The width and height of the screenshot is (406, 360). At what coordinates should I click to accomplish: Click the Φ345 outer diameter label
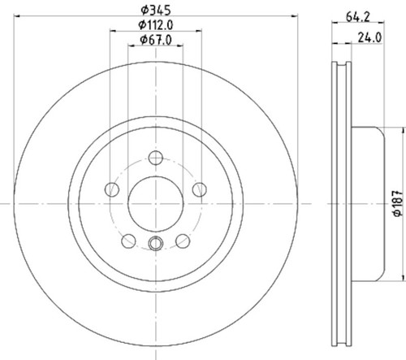coord(156,11)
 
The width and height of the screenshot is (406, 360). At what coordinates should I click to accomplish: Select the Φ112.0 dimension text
coord(156,25)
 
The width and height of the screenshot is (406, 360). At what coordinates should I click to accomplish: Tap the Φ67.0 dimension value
coord(156,40)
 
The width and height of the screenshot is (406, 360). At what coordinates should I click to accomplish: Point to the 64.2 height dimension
coord(358,17)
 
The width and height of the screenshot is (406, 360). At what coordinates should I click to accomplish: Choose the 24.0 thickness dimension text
coord(369,37)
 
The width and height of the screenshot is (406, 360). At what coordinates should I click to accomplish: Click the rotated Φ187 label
coord(398,203)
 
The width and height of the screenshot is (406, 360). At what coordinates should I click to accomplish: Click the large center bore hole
coord(156,204)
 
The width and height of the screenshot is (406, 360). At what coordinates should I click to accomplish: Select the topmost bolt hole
coord(156,158)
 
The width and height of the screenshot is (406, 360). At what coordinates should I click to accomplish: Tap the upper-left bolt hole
coord(112,189)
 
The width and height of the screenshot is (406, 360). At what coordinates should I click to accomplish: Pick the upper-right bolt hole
coord(200,189)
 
